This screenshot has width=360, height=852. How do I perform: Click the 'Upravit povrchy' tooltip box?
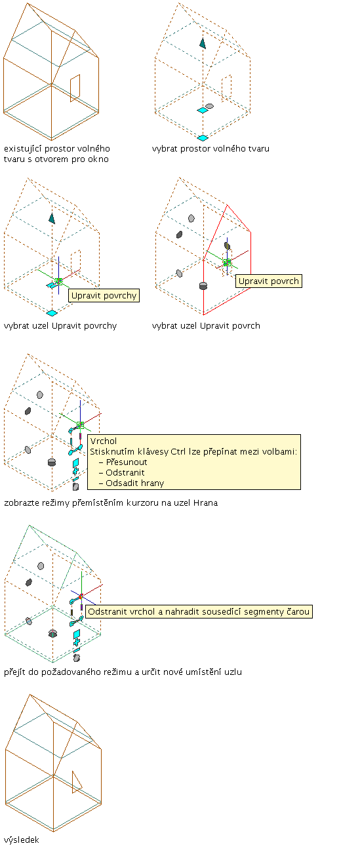coord(104,296)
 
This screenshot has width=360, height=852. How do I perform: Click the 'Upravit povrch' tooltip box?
coord(269,281)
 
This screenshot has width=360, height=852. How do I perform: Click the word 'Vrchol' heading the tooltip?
coord(104,441)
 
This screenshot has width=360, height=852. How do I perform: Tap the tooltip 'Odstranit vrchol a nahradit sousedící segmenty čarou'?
coord(199,611)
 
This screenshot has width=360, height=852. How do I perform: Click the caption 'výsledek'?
coord(22,840)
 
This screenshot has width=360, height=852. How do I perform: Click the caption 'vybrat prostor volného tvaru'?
coord(210,149)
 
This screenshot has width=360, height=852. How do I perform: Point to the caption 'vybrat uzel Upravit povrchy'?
coord(60,326)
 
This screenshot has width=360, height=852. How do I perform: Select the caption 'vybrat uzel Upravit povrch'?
coord(206,326)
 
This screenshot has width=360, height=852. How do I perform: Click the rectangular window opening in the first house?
coord(75,89)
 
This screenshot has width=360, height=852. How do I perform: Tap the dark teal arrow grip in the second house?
coord(203,43)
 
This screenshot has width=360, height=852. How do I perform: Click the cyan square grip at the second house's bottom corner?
coord(203,138)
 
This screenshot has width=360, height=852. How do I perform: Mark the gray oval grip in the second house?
coord(209,106)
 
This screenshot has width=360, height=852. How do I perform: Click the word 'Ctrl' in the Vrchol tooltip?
coord(178,451)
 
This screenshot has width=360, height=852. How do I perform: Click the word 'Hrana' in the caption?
coord(206,503)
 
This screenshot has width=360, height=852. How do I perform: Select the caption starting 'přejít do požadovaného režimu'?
coord(123,672)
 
